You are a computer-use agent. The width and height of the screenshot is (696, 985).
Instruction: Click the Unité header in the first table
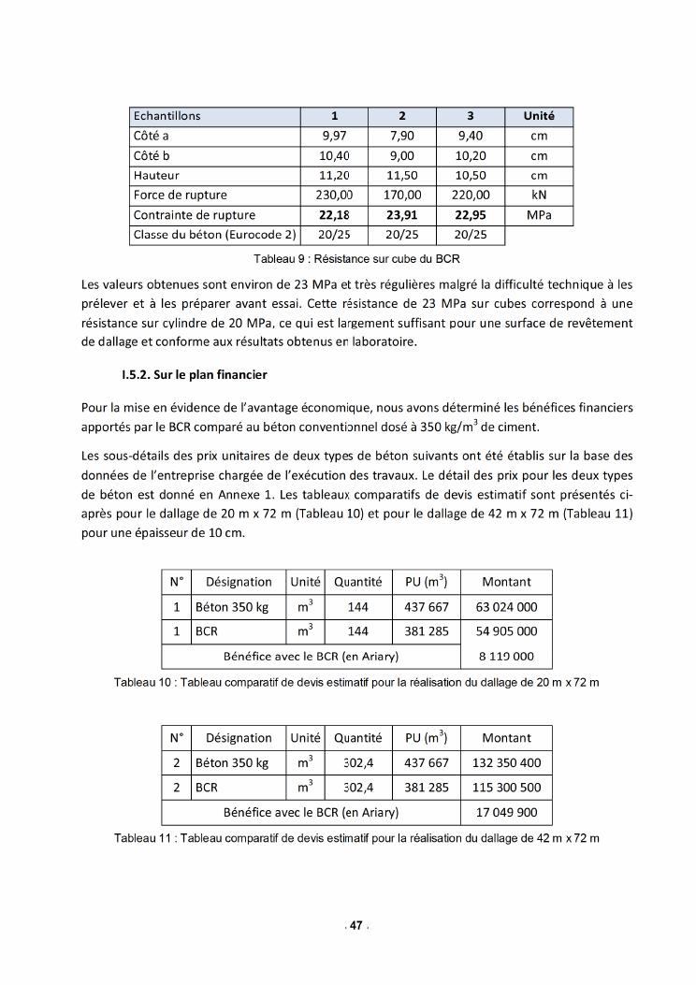538,116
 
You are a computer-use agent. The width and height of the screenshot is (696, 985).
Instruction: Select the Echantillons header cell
167,116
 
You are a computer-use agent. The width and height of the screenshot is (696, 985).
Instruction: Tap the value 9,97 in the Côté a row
334,136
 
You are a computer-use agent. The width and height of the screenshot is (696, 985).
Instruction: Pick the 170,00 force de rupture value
402,195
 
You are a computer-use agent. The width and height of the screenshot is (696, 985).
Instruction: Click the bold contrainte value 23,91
402,215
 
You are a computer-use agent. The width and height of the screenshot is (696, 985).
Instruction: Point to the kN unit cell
538,195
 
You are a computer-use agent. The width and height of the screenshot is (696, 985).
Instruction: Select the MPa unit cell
538,215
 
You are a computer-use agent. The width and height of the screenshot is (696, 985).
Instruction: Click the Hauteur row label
156,175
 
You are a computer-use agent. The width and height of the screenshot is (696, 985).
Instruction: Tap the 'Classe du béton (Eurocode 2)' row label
214,235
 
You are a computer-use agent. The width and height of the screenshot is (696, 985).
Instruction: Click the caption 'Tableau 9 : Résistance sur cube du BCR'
351,258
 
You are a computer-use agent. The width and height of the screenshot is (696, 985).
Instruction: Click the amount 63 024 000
507,606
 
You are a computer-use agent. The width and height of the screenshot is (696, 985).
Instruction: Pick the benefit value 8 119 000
507,656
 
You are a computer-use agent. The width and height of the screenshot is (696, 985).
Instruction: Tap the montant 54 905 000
507,631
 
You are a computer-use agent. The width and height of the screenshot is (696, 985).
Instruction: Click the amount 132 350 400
507,762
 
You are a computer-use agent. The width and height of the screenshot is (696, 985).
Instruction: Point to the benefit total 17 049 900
507,812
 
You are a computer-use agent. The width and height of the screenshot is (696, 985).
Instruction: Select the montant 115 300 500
507,788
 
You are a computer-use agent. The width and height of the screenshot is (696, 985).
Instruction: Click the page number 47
355,926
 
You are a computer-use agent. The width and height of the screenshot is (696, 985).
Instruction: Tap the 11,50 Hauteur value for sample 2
402,175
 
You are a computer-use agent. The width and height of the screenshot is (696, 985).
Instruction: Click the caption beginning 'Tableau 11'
355,836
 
